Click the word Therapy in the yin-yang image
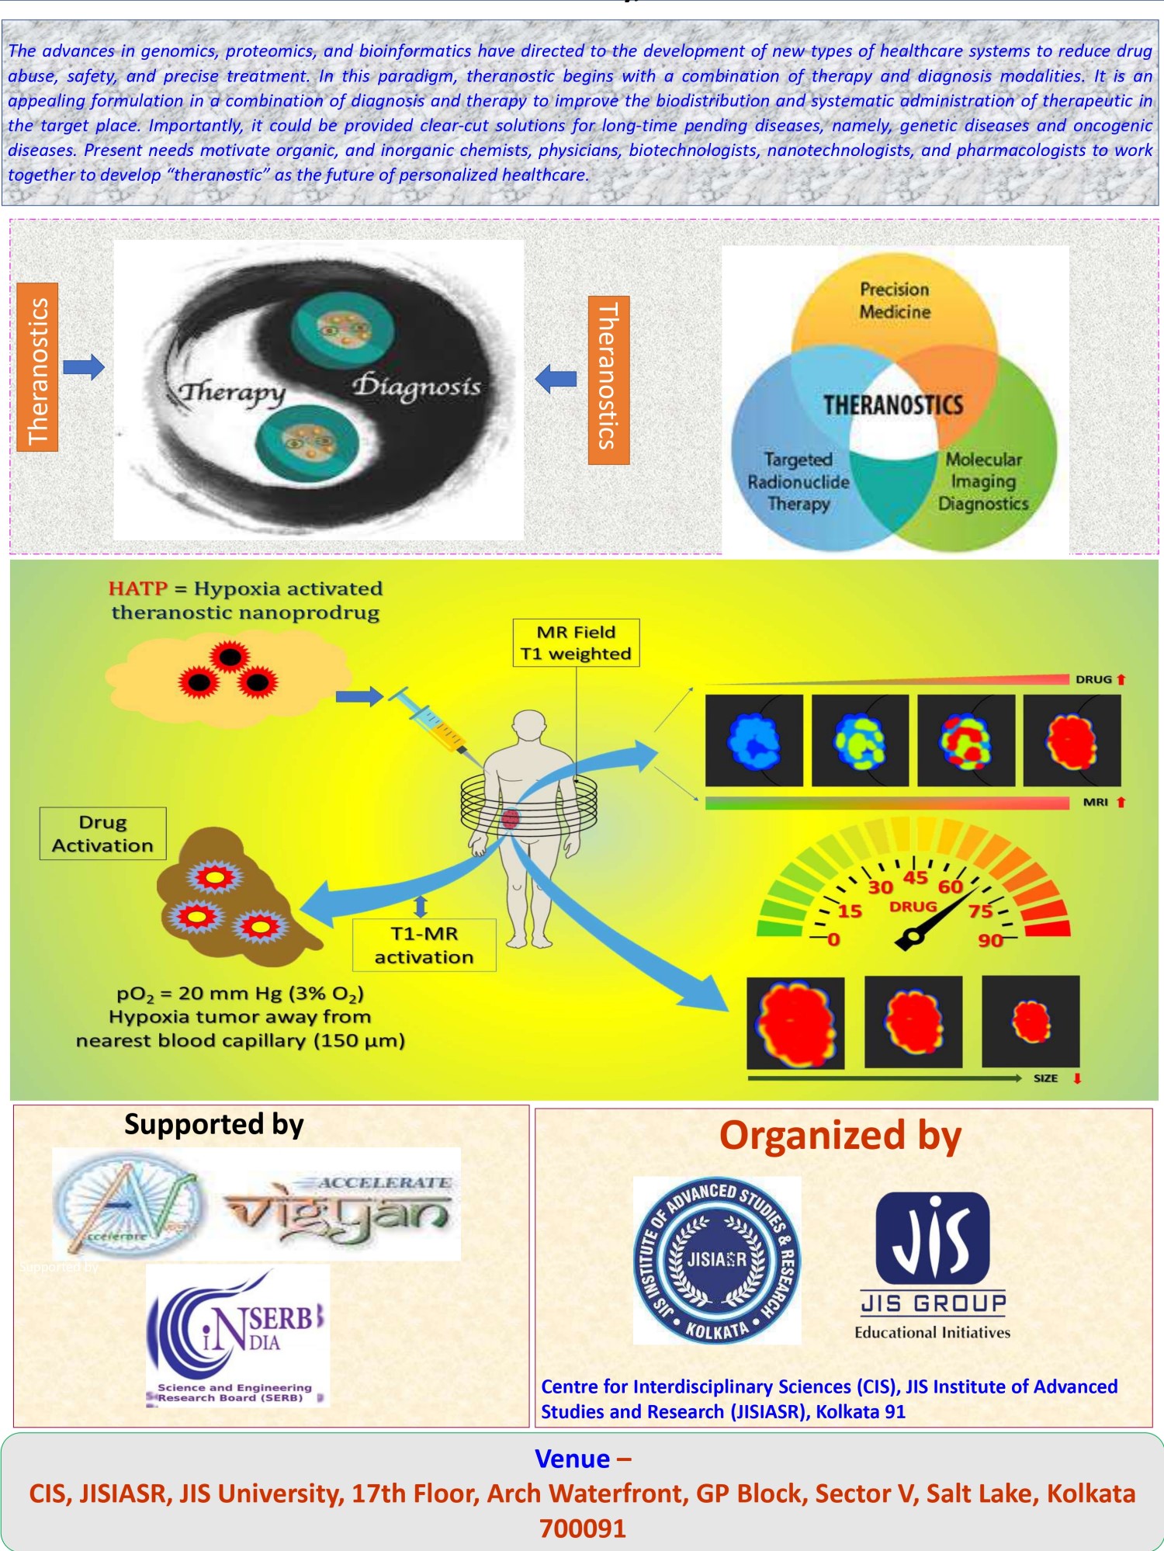tap(232, 393)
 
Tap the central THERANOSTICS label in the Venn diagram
tap(893, 405)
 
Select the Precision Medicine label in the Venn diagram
tap(895, 300)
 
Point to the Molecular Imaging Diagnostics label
tap(983, 481)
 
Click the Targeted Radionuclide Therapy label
tap(799, 481)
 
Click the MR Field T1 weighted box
tap(576, 643)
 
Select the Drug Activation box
tap(102, 834)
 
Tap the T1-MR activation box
tap(424, 945)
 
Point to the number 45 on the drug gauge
tap(916, 877)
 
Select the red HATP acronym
tap(137, 588)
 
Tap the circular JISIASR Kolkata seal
tap(716, 1259)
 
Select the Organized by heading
tap(840, 1136)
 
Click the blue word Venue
tap(573, 1459)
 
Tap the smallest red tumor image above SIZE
tap(1031, 1021)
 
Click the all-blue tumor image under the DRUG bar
tap(753, 741)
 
